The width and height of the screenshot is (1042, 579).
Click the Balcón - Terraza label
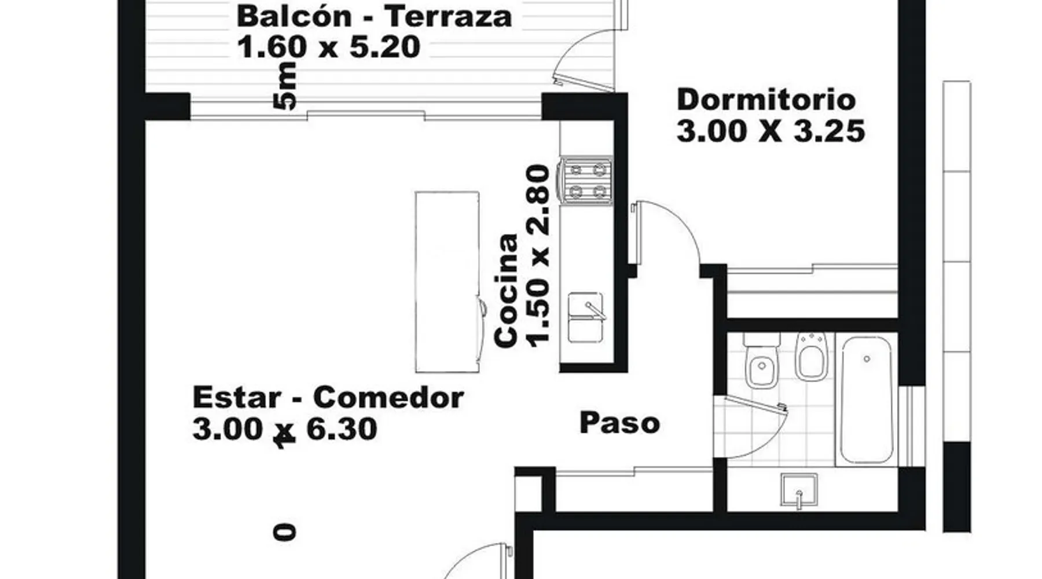point(375,16)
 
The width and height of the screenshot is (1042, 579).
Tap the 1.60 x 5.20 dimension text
point(328,47)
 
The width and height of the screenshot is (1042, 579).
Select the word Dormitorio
point(766,100)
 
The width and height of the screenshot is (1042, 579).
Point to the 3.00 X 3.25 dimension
point(771,131)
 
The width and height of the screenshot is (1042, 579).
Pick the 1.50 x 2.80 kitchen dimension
point(538,256)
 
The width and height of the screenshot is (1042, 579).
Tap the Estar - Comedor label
point(328,398)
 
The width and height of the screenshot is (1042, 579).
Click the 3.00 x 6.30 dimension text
point(285,430)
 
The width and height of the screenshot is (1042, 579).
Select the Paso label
point(619,423)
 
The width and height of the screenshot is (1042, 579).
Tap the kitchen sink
point(586,317)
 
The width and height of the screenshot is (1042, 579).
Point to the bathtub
point(867,400)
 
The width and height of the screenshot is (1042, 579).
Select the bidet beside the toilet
point(811,357)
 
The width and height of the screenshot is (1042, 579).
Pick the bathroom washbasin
point(799,490)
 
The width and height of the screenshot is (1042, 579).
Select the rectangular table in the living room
point(447,282)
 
